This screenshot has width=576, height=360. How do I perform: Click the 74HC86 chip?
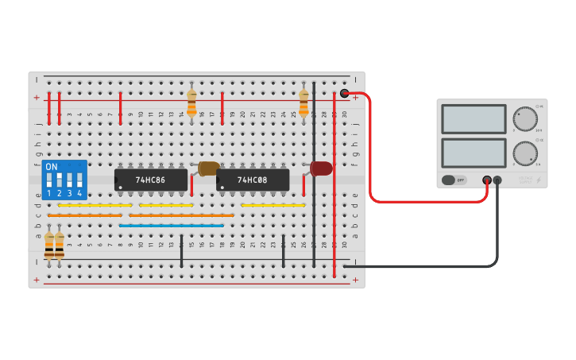[x=150, y=180]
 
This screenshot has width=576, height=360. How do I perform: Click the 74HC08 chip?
[x=252, y=180]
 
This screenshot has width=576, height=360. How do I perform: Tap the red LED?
[x=321, y=168]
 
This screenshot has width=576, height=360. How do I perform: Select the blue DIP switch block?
[x=64, y=180]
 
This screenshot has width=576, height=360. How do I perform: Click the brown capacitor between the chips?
[x=208, y=168]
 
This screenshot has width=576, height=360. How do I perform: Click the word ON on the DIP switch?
[x=52, y=167]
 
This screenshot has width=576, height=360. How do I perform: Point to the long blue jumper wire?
[x=172, y=225]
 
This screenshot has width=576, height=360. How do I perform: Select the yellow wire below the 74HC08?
[x=273, y=205]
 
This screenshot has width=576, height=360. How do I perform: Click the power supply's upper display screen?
[x=473, y=119]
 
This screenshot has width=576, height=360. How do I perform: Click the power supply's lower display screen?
[x=473, y=153]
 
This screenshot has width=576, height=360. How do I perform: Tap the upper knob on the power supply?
[x=524, y=118]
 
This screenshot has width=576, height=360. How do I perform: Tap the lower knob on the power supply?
[x=524, y=153]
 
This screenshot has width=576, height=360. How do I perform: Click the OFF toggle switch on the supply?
[x=454, y=180]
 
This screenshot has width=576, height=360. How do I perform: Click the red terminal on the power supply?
[x=487, y=180]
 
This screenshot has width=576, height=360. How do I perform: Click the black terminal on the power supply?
[x=497, y=180]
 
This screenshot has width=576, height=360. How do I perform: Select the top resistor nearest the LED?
[x=303, y=103]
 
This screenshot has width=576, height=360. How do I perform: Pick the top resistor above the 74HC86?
[x=191, y=103]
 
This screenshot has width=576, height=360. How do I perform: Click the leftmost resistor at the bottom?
[x=49, y=246]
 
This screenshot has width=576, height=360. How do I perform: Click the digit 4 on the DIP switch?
[x=79, y=193]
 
